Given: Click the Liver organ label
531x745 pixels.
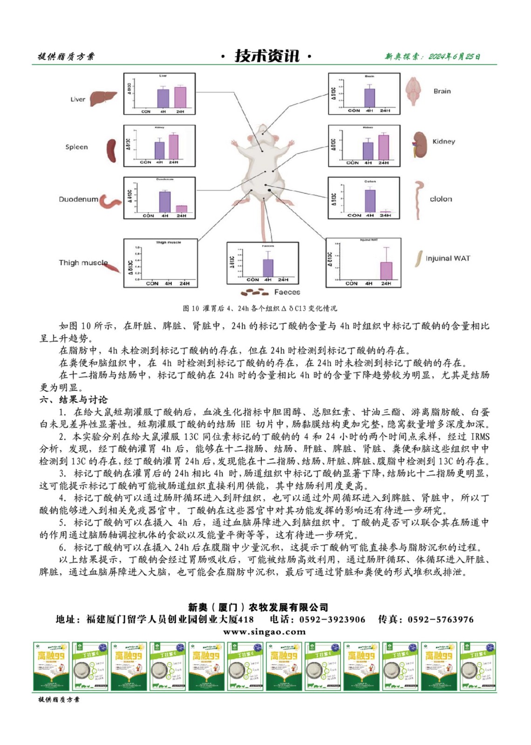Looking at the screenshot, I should pos(78,99).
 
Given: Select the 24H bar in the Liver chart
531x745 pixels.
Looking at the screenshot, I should pos(180,97).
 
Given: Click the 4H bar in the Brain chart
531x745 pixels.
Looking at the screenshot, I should pos(369,97).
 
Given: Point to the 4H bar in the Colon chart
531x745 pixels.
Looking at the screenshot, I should pos(370,201).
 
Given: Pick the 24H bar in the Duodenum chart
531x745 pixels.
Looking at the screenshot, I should pos(181,209).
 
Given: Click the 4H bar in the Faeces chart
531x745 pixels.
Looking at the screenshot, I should pos(268,268).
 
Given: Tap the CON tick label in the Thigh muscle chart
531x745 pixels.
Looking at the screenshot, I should pos(152,283).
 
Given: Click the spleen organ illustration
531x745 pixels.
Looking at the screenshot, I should pos(112,150).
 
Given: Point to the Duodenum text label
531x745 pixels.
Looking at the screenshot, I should pos(78,199).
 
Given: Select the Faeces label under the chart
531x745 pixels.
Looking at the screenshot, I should pos(287,292).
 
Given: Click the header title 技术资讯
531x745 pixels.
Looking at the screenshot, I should pos(266,56).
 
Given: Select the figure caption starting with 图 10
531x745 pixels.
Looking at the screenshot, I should pos(259,308).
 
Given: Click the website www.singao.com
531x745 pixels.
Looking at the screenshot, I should pos(265,632).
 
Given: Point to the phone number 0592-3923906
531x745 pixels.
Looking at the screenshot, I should pos(332,619).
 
